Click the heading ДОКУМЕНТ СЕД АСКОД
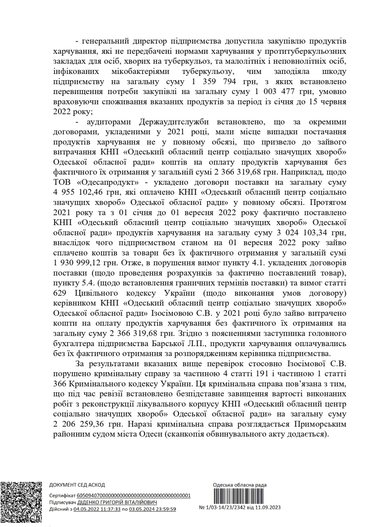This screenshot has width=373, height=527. [77, 485]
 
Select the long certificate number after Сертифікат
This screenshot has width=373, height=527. [134, 496]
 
